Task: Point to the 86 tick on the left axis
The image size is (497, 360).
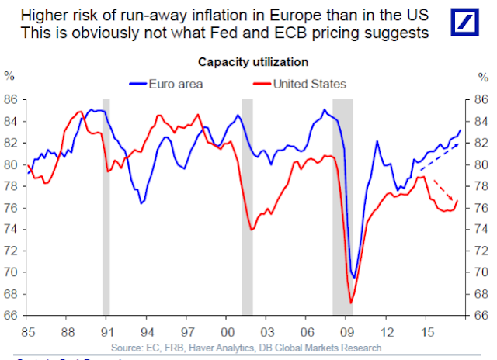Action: (x=11, y=100)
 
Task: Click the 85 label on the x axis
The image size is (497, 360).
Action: (x=28, y=331)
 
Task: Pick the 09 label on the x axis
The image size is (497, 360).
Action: (x=350, y=331)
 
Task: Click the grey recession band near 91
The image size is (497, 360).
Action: (x=106, y=206)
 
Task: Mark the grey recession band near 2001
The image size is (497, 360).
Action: (x=247, y=206)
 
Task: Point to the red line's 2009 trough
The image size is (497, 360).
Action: (x=351, y=303)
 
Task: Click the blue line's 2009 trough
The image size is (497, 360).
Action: (x=354, y=277)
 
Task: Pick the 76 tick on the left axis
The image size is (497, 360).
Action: (x=11, y=208)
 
